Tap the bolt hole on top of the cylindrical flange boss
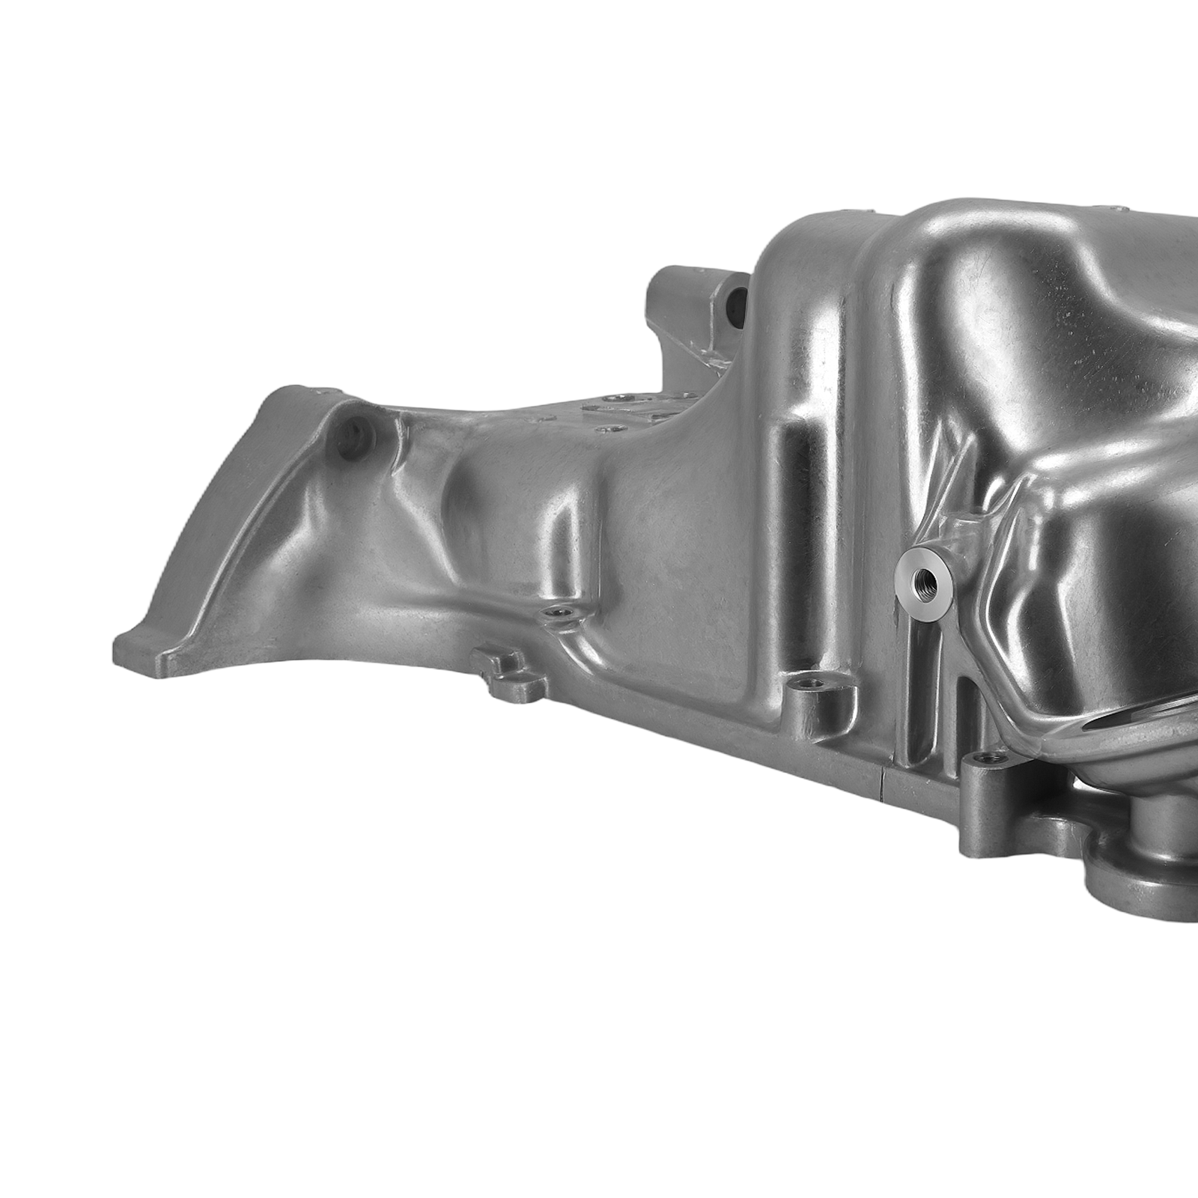coord(808,683)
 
